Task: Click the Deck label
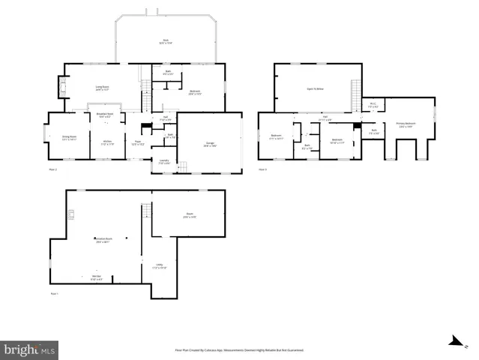click(165, 41)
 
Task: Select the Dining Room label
click(69, 138)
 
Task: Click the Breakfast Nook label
click(104, 115)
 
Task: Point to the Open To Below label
click(315, 88)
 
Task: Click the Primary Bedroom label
click(408, 124)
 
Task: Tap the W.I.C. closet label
click(373, 106)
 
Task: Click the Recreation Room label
click(102, 240)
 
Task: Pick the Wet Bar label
click(97, 277)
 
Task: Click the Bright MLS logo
click(29, 349)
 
